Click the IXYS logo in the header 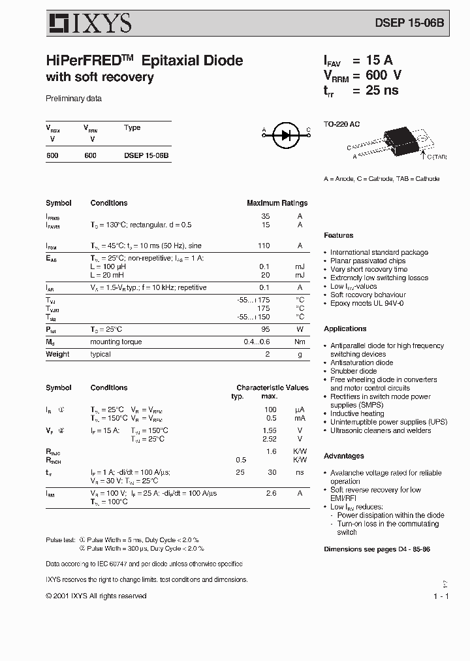click(x=90, y=24)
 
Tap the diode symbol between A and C click(x=285, y=135)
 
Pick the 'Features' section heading click(x=338, y=235)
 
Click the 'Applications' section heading click(x=345, y=329)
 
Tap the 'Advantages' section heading click(x=343, y=456)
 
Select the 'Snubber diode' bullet click(x=353, y=371)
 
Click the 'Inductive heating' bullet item click(x=356, y=413)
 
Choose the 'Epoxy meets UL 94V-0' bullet click(x=366, y=303)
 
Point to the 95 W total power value click(x=265, y=329)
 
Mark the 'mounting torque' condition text click(x=116, y=342)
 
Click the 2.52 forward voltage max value click(x=269, y=439)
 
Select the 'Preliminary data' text click(x=73, y=99)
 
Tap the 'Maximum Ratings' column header click(x=277, y=203)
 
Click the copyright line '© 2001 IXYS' click(x=96, y=596)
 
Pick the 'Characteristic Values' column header click(x=272, y=387)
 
